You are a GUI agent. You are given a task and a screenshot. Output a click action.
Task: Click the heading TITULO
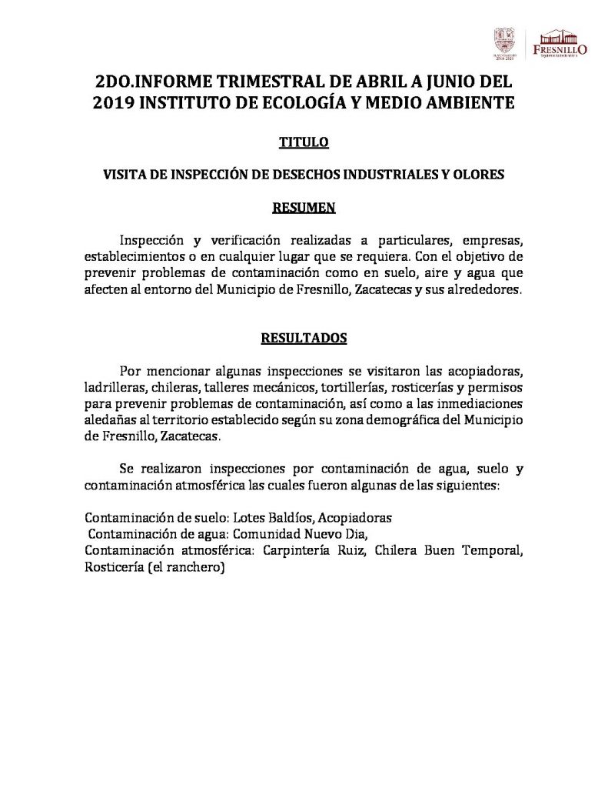[304, 142]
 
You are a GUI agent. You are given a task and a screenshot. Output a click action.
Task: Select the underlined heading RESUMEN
[304, 207]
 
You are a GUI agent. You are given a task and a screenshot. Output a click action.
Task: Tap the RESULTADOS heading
[304, 337]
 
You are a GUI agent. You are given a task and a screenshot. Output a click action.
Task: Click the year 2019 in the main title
[113, 102]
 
